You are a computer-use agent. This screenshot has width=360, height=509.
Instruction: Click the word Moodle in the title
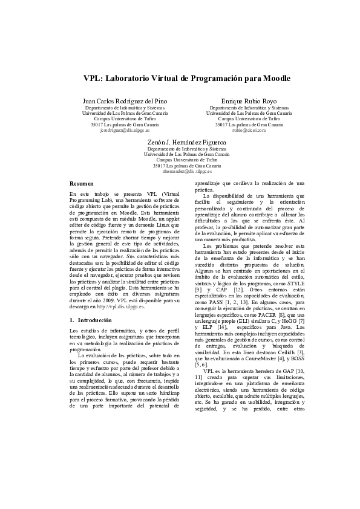pos(274,79)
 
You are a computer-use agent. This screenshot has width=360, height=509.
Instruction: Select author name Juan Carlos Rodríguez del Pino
pos(125,100)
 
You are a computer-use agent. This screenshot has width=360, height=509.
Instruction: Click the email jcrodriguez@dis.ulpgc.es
pos(125,130)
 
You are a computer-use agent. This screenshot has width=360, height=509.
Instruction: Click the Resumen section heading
pos(82,183)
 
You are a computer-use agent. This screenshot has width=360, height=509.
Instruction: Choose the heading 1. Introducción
pos(91,319)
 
